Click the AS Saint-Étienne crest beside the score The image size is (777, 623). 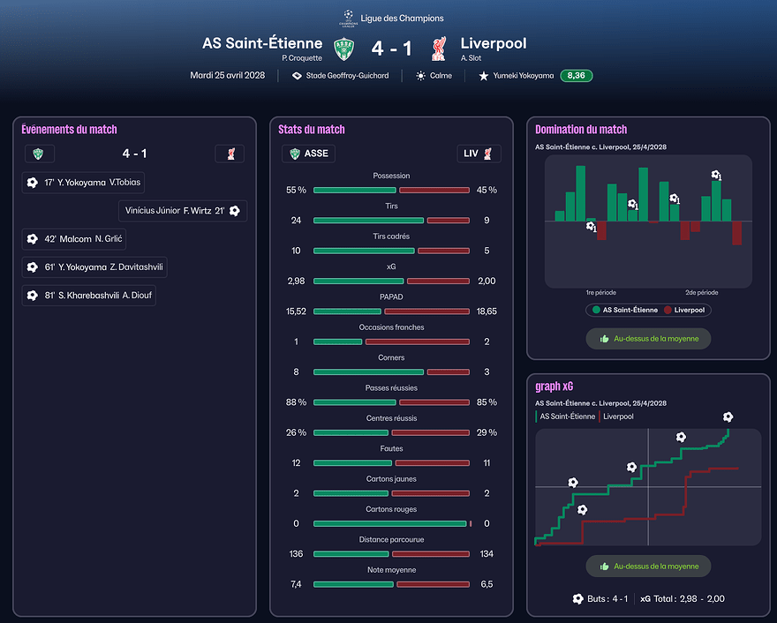coord(342,49)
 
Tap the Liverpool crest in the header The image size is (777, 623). coord(438,49)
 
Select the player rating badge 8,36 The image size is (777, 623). coord(576,76)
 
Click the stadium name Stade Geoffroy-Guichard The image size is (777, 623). coord(347,76)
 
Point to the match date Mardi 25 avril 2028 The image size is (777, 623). coord(227,76)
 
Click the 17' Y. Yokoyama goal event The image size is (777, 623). coord(83,183)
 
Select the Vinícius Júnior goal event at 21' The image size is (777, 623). coord(183,211)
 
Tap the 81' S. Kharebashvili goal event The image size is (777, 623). coord(88,296)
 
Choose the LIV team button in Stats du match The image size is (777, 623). coord(479,154)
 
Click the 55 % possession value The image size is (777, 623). coord(296,190)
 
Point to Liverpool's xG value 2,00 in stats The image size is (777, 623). coord(487,281)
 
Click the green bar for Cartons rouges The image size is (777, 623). coord(389,524)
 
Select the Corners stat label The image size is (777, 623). coord(391,357)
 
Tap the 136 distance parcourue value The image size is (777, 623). coord(296,554)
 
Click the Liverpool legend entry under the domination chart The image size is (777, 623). coord(685,310)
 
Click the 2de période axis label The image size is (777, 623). coord(701,292)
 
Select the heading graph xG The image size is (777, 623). coord(554,386)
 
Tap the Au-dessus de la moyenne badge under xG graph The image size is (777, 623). coord(648,567)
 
